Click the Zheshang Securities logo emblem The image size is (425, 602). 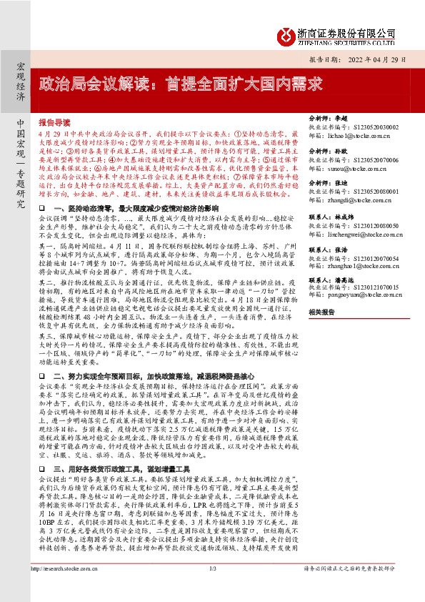click(x=286, y=36)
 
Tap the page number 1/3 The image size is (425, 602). click(x=212, y=588)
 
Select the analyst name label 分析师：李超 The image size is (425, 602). click(x=326, y=117)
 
